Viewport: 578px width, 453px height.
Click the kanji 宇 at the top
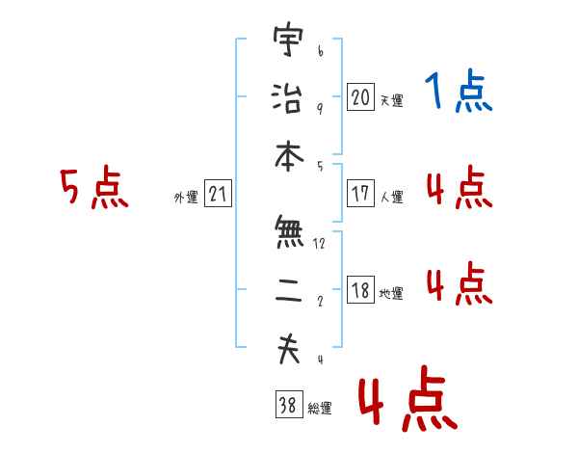pos(289,40)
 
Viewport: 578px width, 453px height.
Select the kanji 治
pos(287,97)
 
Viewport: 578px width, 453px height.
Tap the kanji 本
pos(289,156)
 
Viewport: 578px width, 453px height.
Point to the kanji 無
pos(289,231)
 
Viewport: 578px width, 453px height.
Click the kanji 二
pos(289,290)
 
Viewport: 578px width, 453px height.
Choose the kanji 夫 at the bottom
pos(289,349)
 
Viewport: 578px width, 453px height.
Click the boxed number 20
pos(360,96)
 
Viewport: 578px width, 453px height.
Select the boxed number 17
pos(360,193)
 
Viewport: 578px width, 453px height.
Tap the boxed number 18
pos(360,289)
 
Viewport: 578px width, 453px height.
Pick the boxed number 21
pos(218,193)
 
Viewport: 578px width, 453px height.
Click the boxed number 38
pos(289,404)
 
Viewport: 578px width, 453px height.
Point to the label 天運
pos(392,100)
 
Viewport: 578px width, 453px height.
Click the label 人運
pos(392,197)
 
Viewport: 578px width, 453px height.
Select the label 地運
pos(391,293)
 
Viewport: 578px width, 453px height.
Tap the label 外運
pos(186,197)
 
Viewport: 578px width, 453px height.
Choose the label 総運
pos(320,408)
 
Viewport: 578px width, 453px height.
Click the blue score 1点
pos(459,91)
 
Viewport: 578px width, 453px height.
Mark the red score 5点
pos(94,187)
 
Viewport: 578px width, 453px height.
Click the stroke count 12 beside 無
pos(319,243)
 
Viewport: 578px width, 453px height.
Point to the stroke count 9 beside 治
pos(320,108)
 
